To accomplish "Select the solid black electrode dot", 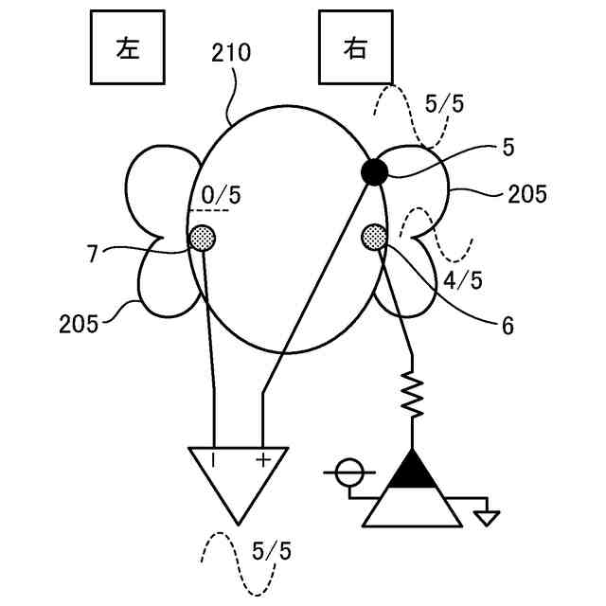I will tap(374, 171).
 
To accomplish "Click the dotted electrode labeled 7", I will tap(203, 237).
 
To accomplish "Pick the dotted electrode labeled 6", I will tap(374, 235).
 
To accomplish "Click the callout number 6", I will tap(508, 326).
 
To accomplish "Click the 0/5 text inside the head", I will tap(220, 196).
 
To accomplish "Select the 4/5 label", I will tap(463, 280).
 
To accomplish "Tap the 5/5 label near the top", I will tap(444, 105).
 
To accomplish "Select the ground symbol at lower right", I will tap(487, 516).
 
